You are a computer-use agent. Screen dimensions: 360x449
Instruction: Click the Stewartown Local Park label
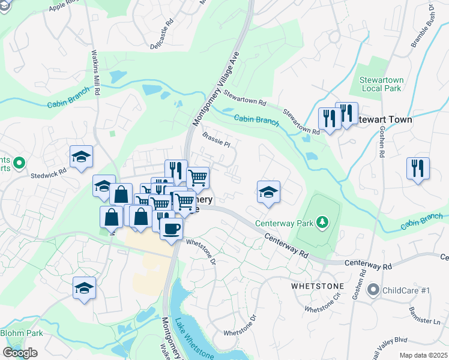381,84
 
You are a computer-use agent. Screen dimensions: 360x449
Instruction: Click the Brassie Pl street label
216,140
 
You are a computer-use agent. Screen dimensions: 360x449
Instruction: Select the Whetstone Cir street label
323,310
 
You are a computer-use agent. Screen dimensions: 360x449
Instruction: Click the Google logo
20,353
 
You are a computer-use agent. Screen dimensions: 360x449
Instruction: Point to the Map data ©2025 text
423,355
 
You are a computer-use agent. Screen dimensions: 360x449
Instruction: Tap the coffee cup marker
172,229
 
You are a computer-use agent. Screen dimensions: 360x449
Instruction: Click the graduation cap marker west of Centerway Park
269,193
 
